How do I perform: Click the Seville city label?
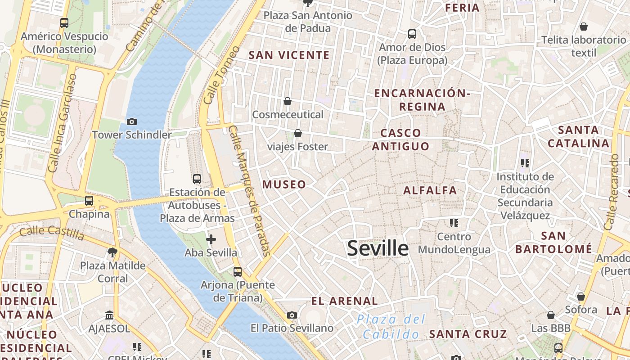[378, 248]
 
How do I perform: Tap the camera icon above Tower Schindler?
[132, 121]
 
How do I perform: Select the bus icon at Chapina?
[89, 201]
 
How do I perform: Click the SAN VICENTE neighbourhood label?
[289, 55]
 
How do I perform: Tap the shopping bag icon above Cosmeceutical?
[288, 101]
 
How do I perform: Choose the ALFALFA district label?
[430, 190]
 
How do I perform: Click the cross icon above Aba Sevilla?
[211, 239]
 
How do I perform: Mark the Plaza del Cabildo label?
[391, 327]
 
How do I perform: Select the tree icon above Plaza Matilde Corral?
[112, 252]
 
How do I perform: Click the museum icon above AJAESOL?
[109, 315]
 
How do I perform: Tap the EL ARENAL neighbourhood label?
[344, 301]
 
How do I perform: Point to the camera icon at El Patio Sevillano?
[292, 315]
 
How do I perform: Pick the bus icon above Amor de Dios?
[412, 34]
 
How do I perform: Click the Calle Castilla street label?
[52, 233]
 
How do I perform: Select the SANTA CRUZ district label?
[468, 334]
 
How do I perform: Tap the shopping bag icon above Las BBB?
[550, 315]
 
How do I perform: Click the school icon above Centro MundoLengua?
[454, 223]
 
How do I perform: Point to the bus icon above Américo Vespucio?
[64, 23]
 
